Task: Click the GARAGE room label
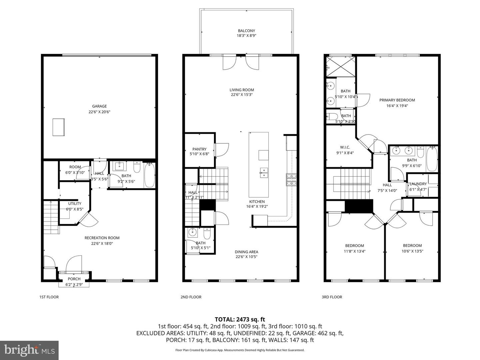[99, 106]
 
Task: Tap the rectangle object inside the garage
[59, 127]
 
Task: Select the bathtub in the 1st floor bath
[149, 175]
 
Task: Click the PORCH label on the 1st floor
[74, 279]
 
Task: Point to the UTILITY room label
[75, 204]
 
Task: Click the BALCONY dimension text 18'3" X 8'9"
[247, 35]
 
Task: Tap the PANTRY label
[199, 149]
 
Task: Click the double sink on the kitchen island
[263, 173]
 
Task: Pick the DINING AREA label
[246, 252]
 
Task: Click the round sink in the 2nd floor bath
[192, 232]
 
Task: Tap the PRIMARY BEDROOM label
[397, 100]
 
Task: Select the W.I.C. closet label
[345, 147]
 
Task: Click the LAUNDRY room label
[418, 184]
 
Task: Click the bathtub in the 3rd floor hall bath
[432, 159]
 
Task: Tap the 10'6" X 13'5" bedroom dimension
[412, 251]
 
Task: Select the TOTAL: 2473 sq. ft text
[240, 320]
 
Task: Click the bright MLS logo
[29, 350]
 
